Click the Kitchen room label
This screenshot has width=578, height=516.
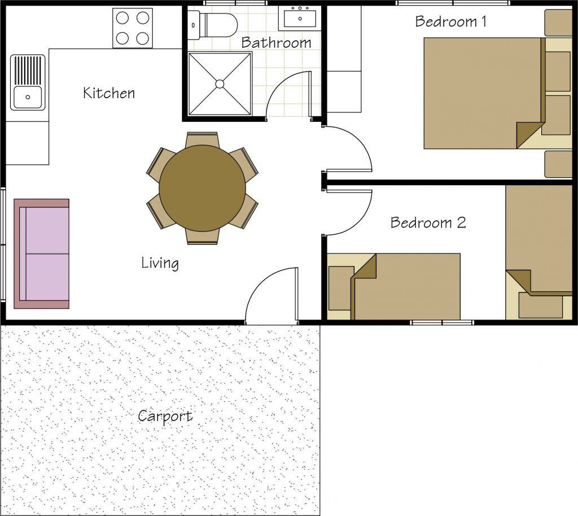pyautogui.click(x=109, y=93)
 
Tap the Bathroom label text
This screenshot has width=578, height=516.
pyautogui.click(x=276, y=42)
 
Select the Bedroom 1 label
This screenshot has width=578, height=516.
pyautogui.click(x=450, y=21)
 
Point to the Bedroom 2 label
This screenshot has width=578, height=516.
pyautogui.click(x=428, y=222)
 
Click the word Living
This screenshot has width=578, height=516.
pyautogui.click(x=160, y=263)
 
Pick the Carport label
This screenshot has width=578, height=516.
pyautogui.click(x=165, y=417)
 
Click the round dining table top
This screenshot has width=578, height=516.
pyautogui.click(x=203, y=188)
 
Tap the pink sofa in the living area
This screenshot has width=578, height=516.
pyautogui.click(x=41, y=253)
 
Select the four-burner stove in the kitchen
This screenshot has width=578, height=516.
pyautogui.click(x=133, y=28)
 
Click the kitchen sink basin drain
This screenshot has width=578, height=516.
pyautogui.click(x=28, y=97)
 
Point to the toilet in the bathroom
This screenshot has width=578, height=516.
pyautogui.click(x=212, y=25)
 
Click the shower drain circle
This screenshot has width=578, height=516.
pyautogui.click(x=220, y=84)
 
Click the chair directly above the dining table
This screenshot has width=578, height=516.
pyautogui.click(x=203, y=139)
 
